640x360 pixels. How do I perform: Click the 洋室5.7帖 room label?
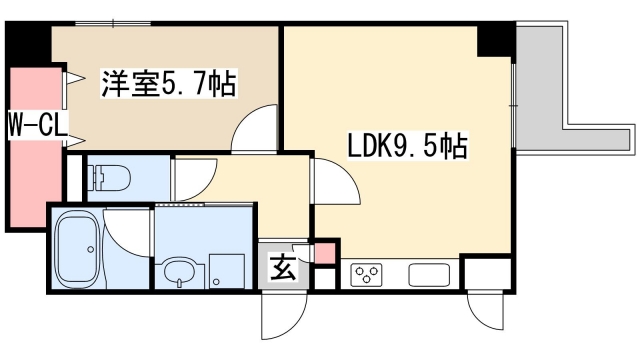pyautogui.click(x=167, y=84)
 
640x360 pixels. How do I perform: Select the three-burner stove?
pyautogui.click(x=366, y=273)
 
